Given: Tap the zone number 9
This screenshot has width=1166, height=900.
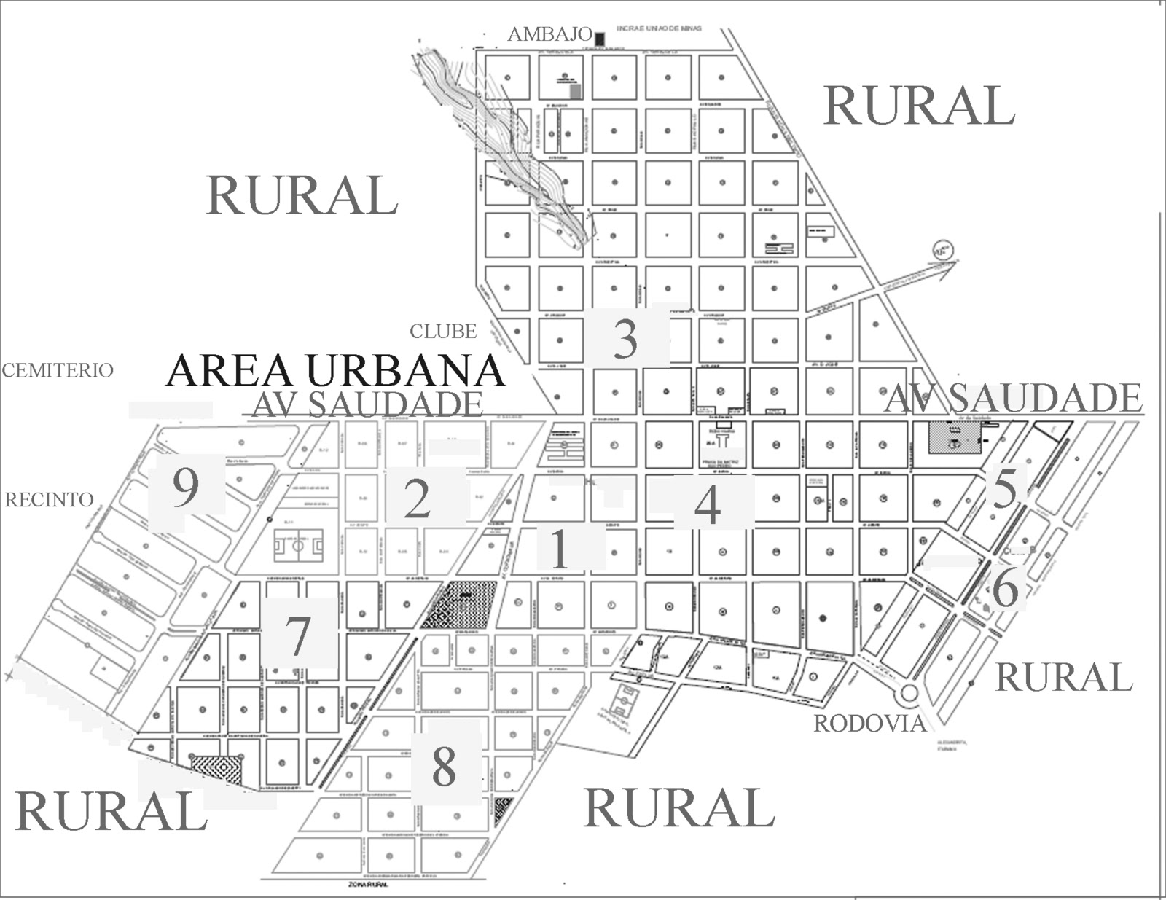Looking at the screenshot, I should [186, 487].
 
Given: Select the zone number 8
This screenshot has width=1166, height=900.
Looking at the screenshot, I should [444, 766].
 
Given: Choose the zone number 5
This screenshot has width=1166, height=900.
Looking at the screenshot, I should [1005, 488].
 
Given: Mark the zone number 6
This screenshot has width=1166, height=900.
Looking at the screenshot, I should [1006, 588].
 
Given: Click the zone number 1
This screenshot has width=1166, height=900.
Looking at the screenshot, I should [560, 548].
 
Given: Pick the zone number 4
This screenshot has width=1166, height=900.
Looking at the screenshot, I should [708, 504].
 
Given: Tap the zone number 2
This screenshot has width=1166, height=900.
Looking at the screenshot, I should [417, 498].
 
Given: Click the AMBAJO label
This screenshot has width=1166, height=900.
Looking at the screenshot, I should [549, 34].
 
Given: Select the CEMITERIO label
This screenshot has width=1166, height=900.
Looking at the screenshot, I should [58, 370].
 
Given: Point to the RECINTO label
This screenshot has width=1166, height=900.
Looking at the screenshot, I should [50, 499].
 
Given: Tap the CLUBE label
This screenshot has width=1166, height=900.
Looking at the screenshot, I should [443, 331].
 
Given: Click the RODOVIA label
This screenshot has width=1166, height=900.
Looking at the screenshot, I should [869, 723].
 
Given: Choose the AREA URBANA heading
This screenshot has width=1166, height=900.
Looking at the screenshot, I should [335, 370].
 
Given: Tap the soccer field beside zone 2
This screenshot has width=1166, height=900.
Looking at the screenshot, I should [298, 544].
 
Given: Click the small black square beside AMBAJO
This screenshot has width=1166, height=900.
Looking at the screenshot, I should [600, 38].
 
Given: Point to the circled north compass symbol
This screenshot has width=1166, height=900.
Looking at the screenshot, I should [942, 250].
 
